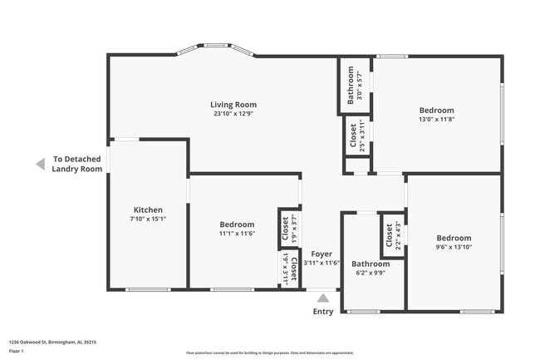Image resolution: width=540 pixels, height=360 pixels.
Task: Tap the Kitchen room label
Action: pyautogui.click(x=148, y=210)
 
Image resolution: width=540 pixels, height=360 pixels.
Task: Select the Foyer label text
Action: pyautogui.click(x=322, y=254)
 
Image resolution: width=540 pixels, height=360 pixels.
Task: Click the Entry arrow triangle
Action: pyautogui.click(x=322, y=298)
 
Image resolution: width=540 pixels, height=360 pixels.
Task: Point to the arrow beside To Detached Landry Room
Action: pyautogui.click(x=40, y=165)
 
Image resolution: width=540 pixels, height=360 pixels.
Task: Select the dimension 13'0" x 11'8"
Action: pyautogui.click(x=436, y=120)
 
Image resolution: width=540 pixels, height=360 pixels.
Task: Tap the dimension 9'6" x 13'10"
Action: pyautogui.click(x=454, y=248)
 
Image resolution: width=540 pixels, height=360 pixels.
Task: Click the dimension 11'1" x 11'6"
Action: pyautogui.click(x=237, y=234)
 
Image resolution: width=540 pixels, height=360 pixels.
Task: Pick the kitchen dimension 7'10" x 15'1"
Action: pyautogui.click(x=148, y=219)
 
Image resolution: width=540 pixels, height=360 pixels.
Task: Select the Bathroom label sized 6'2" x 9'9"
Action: pyautogui.click(x=370, y=264)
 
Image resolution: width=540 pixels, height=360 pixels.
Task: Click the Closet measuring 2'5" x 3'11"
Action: pyautogui.click(x=357, y=136)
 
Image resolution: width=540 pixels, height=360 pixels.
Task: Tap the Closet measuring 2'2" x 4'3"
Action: pyautogui.click(x=392, y=236)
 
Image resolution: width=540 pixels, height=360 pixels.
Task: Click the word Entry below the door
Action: pyautogui.click(x=322, y=312)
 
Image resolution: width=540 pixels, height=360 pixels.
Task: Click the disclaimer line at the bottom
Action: pyautogui.click(x=269, y=353)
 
